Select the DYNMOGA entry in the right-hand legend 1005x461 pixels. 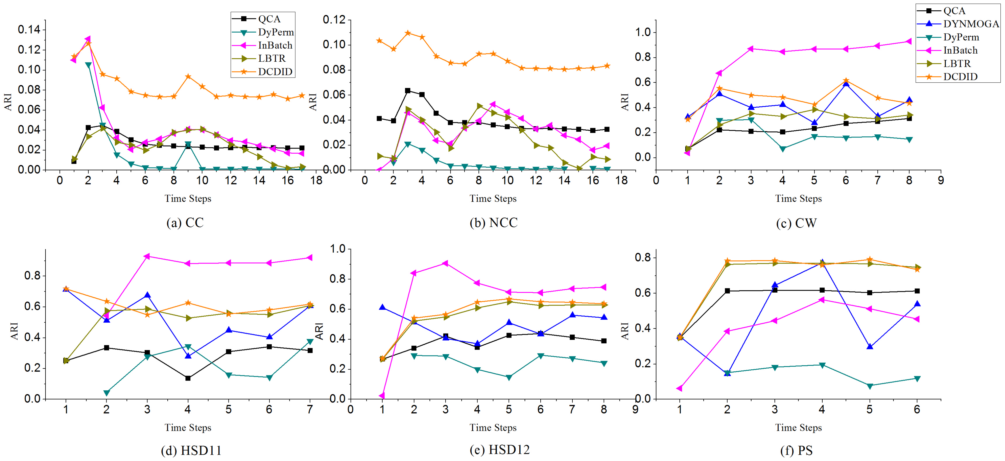pyautogui.click(x=958, y=24)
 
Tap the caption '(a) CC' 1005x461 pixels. pyautogui.click(x=185, y=223)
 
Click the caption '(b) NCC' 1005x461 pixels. pyautogui.click(x=493, y=223)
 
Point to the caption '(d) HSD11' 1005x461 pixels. pyautogui.click(x=191, y=450)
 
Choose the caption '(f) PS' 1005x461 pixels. pyautogui.click(x=796, y=450)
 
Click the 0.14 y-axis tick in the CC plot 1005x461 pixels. pyautogui.click(x=29, y=29)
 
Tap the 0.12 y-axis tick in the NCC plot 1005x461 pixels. pyautogui.click(x=334, y=20)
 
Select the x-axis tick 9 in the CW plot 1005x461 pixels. pyautogui.click(x=941, y=180)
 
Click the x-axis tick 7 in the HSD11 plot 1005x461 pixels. pyautogui.click(x=310, y=409)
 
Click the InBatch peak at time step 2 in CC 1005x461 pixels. pyautogui.click(x=88, y=39)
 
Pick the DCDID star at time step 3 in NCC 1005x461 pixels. pyautogui.click(x=408, y=33)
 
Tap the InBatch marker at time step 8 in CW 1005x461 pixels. pyautogui.click(x=909, y=41)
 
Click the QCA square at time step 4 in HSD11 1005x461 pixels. pyautogui.click(x=188, y=378)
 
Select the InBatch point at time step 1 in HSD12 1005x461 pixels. pyautogui.click(x=382, y=396)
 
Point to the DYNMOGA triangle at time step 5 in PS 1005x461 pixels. pyautogui.click(x=870, y=346)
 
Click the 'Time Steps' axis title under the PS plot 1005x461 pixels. pyautogui.click(x=798, y=428)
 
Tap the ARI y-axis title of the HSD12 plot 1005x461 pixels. pyautogui.click(x=319, y=331)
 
